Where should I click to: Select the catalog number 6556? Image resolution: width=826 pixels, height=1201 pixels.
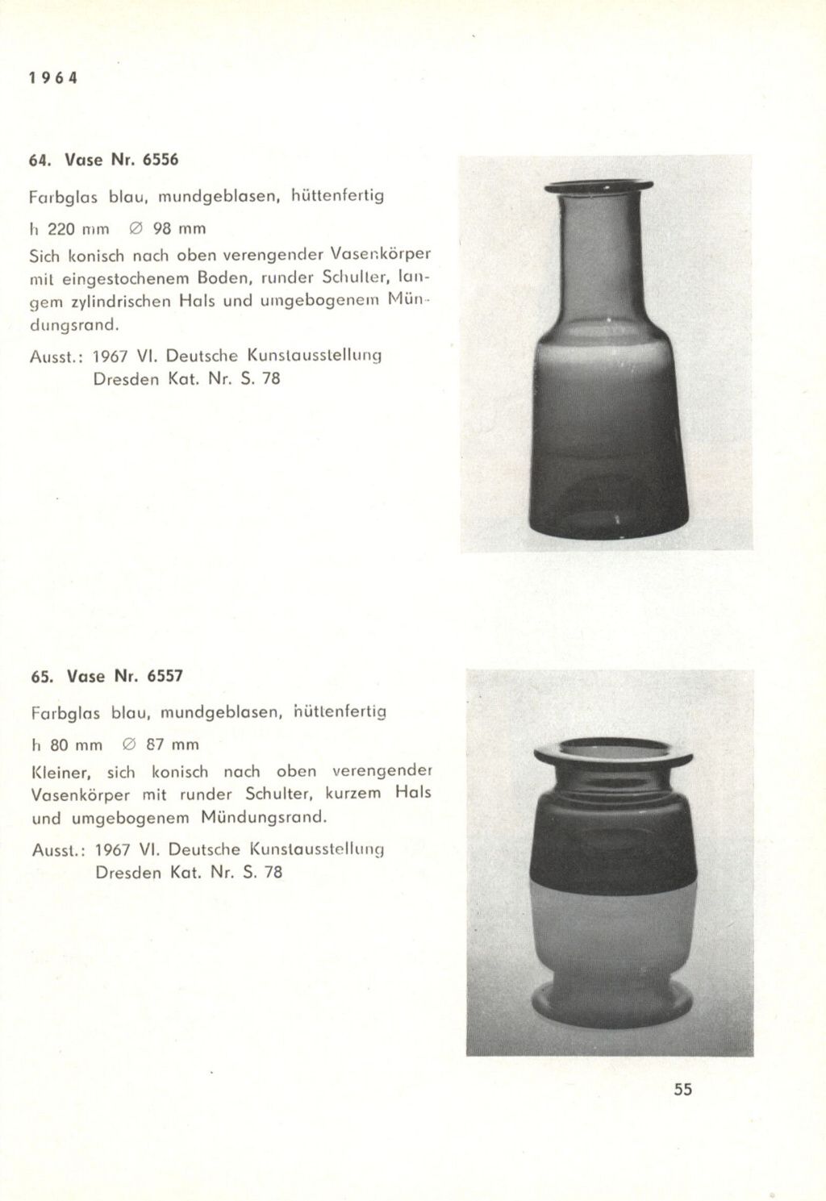(x=160, y=160)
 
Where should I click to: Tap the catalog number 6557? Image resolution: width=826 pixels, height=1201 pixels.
(x=165, y=676)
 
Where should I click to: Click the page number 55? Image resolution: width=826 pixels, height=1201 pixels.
(x=682, y=1089)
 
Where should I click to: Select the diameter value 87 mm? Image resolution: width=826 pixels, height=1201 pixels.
(x=172, y=744)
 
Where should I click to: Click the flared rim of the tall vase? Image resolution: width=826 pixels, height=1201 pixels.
(x=598, y=186)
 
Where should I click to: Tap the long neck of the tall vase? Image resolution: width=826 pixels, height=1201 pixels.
(x=599, y=258)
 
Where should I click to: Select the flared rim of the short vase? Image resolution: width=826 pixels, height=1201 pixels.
(x=613, y=756)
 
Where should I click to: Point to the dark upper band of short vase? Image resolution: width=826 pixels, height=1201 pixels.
(x=613, y=839)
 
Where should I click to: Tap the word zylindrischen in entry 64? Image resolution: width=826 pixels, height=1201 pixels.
(x=119, y=302)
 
